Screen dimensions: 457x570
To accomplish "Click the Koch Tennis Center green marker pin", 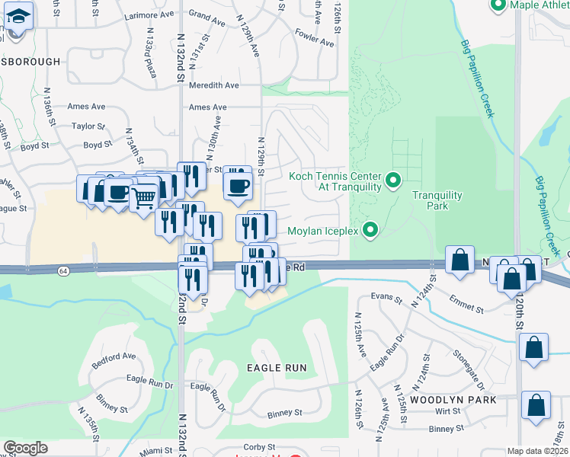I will click(393, 181).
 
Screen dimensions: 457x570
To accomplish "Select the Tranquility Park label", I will click(437, 200).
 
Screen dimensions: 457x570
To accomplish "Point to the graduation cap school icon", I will click(20, 15).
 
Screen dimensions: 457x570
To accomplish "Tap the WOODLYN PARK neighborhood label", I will click(453, 400).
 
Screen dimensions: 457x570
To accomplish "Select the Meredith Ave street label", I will click(214, 85).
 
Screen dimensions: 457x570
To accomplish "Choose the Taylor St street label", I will click(88, 126).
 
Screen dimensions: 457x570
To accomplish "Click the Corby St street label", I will click(259, 446).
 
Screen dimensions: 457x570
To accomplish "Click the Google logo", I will click(25, 448).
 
